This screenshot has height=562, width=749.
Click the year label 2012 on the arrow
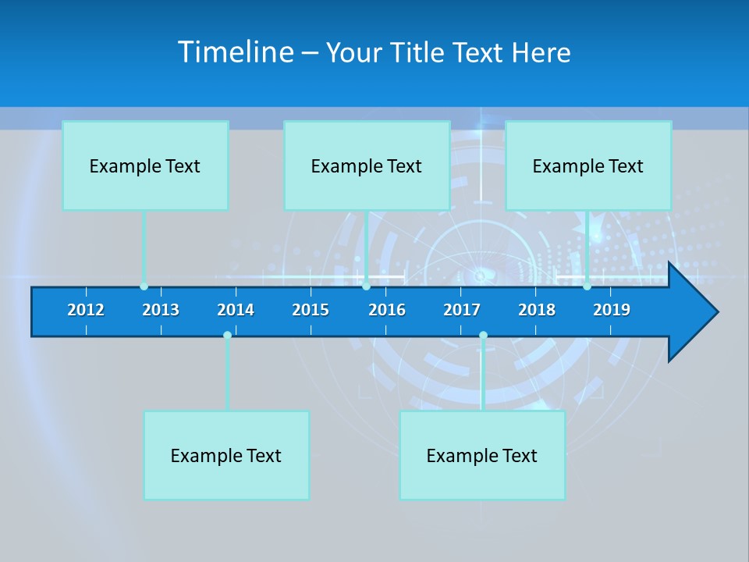pos(86,310)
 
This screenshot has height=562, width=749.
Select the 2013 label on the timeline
pos(161,310)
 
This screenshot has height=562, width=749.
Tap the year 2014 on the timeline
pos(236,310)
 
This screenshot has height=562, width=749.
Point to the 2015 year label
pos(311,310)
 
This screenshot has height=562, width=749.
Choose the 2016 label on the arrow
pos(387,310)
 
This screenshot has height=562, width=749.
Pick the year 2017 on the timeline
pos(462,310)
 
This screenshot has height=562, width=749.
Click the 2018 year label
pos(537,310)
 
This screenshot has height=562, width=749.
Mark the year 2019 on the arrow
pos(612,310)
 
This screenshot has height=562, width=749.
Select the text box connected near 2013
pos(145,165)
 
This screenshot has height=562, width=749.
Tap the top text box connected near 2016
pos(367,165)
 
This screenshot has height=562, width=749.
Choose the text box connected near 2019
pos(588,165)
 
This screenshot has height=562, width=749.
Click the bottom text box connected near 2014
pos(226,455)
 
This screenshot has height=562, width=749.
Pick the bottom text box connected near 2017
pos(482,455)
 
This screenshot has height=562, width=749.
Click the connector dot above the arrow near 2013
pos(144,286)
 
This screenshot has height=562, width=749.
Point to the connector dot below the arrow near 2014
pos(227,336)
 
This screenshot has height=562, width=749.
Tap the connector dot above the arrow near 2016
pos(366,286)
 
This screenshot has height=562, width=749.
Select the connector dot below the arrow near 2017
pos(483,336)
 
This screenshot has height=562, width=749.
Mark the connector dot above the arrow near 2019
pos(587,286)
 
